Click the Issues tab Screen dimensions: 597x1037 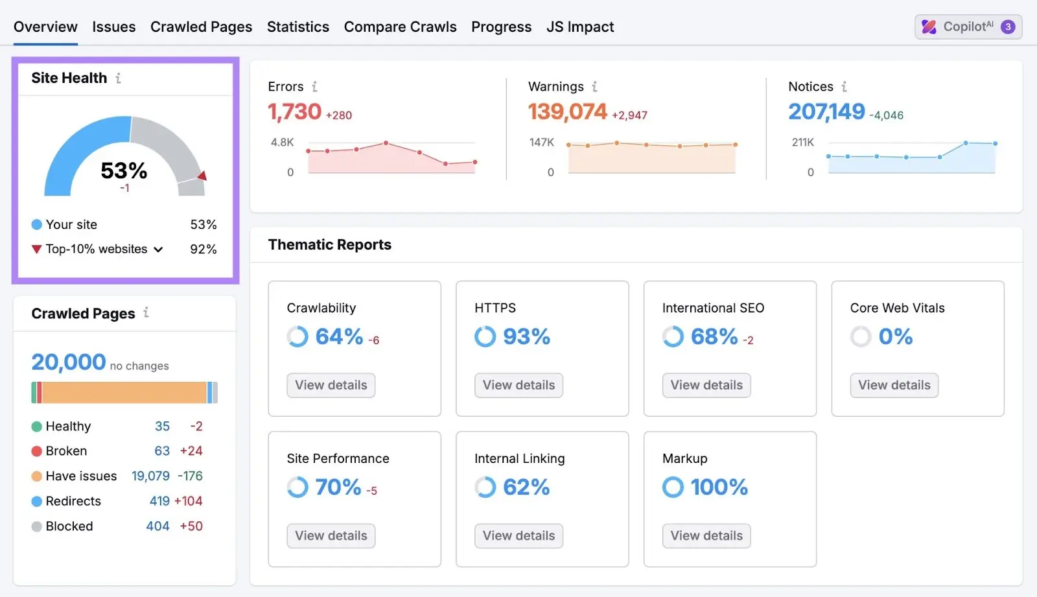(113, 27)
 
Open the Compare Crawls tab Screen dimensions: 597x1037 (400, 27)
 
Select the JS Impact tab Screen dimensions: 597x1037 (579, 27)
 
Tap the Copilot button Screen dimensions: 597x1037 (968, 27)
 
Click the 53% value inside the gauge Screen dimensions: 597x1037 (124, 170)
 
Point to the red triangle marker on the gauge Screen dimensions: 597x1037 (202, 176)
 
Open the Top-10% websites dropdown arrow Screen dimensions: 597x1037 (158, 250)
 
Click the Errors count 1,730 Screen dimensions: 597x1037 (295, 112)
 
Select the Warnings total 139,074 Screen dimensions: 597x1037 (567, 112)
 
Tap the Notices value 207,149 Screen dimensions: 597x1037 (826, 112)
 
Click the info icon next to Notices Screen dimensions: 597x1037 (844, 86)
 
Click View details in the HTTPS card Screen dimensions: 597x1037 (518, 385)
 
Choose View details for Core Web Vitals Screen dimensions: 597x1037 (894, 385)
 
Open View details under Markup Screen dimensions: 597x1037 (706, 535)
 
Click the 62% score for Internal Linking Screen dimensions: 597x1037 (526, 487)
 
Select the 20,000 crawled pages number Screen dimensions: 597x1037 (69, 362)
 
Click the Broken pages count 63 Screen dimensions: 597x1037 (162, 451)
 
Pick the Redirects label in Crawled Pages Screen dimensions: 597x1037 (73, 501)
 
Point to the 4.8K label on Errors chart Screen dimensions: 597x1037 (282, 142)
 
